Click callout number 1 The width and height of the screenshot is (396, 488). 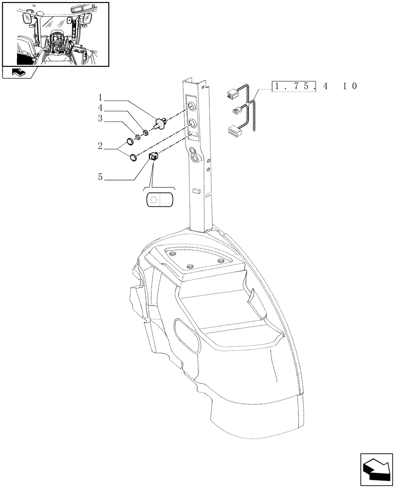pos(100,98)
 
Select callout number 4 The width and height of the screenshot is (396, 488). pos(100,108)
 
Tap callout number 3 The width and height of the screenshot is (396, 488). pos(100,119)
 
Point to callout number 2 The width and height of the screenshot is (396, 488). pos(100,146)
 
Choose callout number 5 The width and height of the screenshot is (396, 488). pos(100,177)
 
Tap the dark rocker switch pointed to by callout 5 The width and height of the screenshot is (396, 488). pos(153,157)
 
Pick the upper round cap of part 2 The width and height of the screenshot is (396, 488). pos(130,142)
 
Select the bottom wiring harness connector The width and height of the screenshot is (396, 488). pos(234,130)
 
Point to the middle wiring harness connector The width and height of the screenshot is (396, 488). pos(237,110)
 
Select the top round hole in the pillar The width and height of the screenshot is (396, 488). pos(192,107)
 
